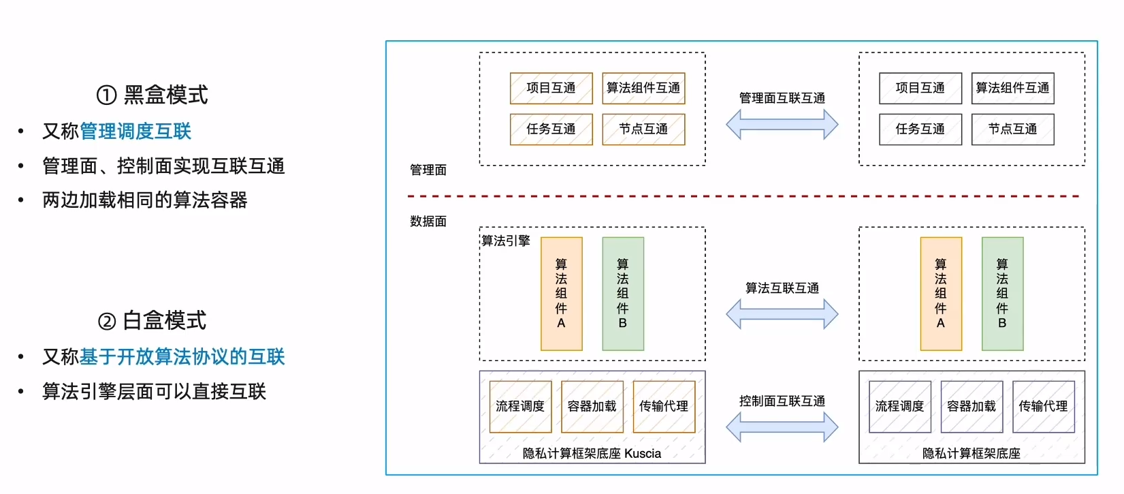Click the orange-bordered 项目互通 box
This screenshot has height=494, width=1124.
[x=551, y=89]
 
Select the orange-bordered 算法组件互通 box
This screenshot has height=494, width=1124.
[x=643, y=89]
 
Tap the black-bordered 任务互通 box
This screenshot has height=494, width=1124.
[x=920, y=129]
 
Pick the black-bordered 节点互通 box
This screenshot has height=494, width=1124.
[x=1012, y=129]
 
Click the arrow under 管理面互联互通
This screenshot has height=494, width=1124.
[x=782, y=125]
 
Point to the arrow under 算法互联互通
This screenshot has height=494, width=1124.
[x=782, y=314]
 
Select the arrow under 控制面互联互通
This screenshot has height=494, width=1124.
[x=782, y=427]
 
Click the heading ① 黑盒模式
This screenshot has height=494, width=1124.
[x=152, y=95]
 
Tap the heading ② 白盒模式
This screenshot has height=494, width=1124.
[x=152, y=320]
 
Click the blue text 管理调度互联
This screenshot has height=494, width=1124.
[x=135, y=131]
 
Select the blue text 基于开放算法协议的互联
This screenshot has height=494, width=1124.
[x=182, y=356]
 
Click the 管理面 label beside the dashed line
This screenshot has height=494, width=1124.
[x=428, y=170]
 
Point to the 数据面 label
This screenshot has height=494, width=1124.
[x=428, y=221]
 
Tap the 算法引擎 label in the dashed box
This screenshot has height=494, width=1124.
[x=506, y=241]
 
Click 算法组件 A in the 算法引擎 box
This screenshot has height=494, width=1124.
[x=561, y=294]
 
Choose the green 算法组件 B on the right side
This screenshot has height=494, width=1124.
[x=1002, y=294]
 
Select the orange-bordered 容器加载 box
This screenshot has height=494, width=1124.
[x=592, y=407]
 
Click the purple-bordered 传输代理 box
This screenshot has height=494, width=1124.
[x=1043, y=407]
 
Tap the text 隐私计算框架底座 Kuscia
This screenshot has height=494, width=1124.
[x=592, y=454]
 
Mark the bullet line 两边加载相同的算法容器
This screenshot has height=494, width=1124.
[x=144, y=200]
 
